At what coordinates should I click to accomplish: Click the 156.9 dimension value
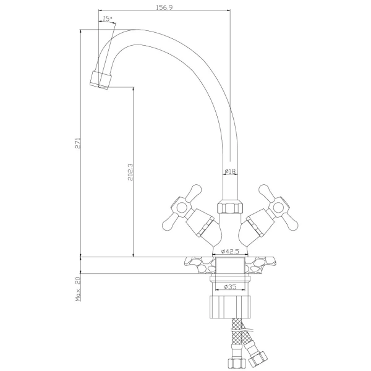pos(164,7)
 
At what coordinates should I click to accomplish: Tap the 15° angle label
pos(108,19)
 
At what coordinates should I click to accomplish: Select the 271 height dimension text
pos(78,143)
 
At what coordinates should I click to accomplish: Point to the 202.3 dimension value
pos(130,172)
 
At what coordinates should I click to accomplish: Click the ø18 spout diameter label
pos(230,171)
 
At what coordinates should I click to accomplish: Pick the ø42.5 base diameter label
pos(230,251)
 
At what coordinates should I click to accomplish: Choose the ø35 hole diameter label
pos(230,287)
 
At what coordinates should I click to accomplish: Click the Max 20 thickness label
pos(78,289)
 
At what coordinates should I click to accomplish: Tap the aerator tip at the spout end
pos(101,80)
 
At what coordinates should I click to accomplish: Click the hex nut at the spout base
pos(230,207)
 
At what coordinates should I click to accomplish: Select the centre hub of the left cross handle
pos(181,208)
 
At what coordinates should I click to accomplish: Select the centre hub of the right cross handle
pos(278,208)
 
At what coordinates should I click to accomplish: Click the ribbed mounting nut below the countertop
pos(230,307)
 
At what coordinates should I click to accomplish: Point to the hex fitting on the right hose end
pos(258,359)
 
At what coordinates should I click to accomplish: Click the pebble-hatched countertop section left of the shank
pos(200,265)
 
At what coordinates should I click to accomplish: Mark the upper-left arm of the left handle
pos(194,192)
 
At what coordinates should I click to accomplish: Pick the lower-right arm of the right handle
pos(291,223)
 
